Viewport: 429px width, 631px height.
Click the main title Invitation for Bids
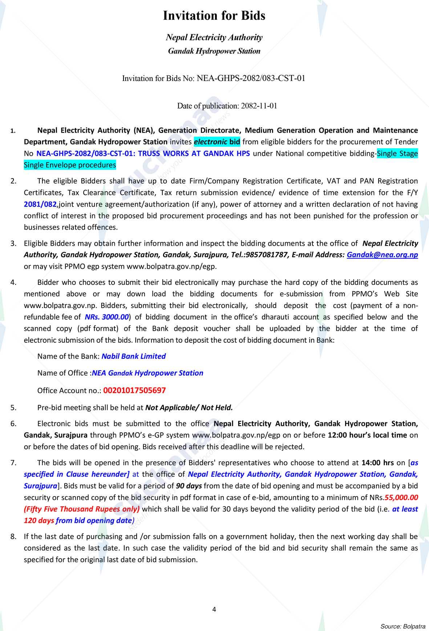tap(214, 16)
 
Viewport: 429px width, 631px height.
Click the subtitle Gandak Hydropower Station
tap(214, 51)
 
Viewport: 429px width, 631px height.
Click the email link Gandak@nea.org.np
tap(382, 255)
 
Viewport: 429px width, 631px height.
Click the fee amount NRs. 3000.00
tap(106, 317)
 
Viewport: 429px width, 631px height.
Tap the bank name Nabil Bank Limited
tap(133, 356)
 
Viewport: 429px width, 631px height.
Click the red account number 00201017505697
tap(134, 391)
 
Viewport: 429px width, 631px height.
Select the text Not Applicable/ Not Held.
tap(189, 408)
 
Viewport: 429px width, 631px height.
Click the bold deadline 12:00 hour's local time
tap(367, 435)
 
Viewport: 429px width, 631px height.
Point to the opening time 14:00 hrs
tap(378, 463)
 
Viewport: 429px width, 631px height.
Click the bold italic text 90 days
tap(189, 486)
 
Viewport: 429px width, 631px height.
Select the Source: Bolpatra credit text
tap(402, 626)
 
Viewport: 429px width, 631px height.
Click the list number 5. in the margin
tap(13, 408)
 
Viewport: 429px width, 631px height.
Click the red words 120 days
tap(39, 521)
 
